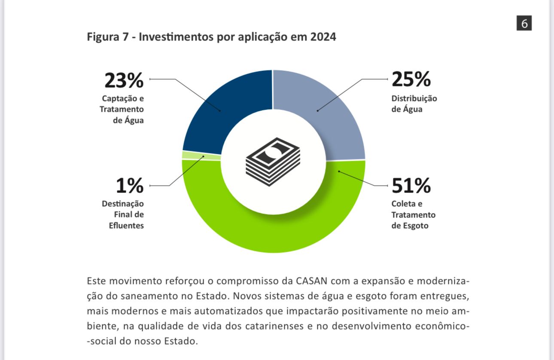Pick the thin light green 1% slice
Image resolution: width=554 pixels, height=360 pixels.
pos(201,156)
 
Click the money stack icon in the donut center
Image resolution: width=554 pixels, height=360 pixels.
pos(273,161)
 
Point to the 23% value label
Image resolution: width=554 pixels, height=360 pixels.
pos(124,80)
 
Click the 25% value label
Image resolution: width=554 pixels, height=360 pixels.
pos(411,79)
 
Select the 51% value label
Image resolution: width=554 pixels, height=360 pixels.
pos(411,186)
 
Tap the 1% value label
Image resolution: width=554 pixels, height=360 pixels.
pos(130,186)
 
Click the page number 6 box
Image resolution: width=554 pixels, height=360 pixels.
pos(524,23)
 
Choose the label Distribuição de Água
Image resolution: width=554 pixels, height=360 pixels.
pos(414,104)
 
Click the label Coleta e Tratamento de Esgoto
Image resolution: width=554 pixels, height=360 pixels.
pos(413,214)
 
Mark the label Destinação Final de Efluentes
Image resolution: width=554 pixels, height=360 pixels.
pos(123,214)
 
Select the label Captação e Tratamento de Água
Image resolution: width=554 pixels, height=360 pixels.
pos(122,109)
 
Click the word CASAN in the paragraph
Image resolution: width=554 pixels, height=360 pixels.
pos(312,281)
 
